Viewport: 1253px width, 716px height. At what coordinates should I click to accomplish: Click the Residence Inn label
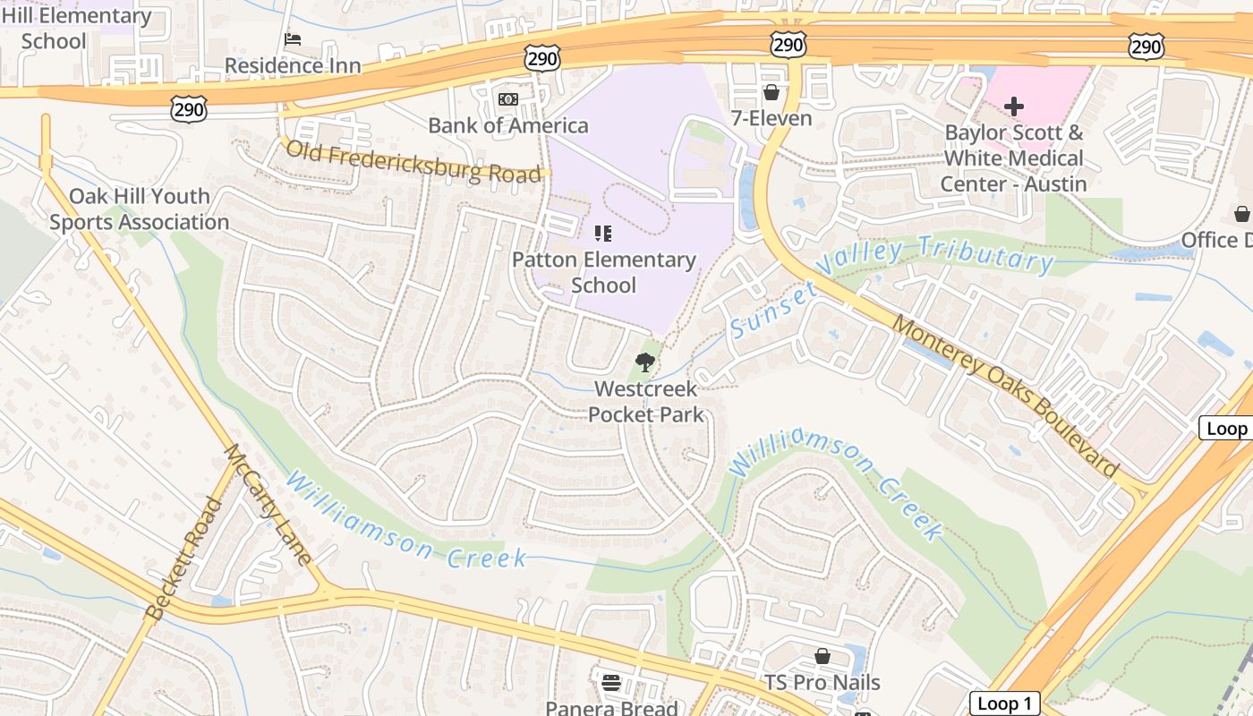tap(293, 65)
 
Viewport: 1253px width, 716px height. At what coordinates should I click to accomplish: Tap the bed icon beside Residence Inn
tap(293, 39)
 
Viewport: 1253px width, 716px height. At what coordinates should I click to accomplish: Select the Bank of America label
tap(508, 125)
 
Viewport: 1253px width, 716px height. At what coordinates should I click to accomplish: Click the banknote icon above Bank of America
tap(508, 99)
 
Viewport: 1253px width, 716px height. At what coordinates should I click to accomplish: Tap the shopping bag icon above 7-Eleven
tap(771, 92)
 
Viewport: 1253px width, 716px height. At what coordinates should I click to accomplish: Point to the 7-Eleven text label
tap(771, 118)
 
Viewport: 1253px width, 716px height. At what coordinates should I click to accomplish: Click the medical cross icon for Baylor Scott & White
tap(1013, 107)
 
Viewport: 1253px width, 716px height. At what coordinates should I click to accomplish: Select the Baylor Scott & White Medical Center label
tap(1013, 158)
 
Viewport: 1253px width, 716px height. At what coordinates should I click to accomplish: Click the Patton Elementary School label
tap(603, 272)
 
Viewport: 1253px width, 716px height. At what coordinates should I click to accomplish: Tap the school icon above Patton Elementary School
tap(603, 234)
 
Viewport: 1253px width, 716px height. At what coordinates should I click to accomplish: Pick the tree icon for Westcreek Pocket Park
tap(644, 362)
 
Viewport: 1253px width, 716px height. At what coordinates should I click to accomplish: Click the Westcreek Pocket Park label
tap(645, 401)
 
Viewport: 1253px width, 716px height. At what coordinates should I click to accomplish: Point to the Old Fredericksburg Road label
tap(413, 161)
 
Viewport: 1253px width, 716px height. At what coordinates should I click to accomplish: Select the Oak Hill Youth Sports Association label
tap(139, 209)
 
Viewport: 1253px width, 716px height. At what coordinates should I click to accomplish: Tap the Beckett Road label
tap(183, 560)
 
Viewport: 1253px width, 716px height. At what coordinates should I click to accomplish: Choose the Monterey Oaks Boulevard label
tap(1006, 397)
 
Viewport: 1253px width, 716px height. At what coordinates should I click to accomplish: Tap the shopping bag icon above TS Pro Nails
tap(822, 657)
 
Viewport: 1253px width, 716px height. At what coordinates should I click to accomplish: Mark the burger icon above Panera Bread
tap(612, 683)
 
